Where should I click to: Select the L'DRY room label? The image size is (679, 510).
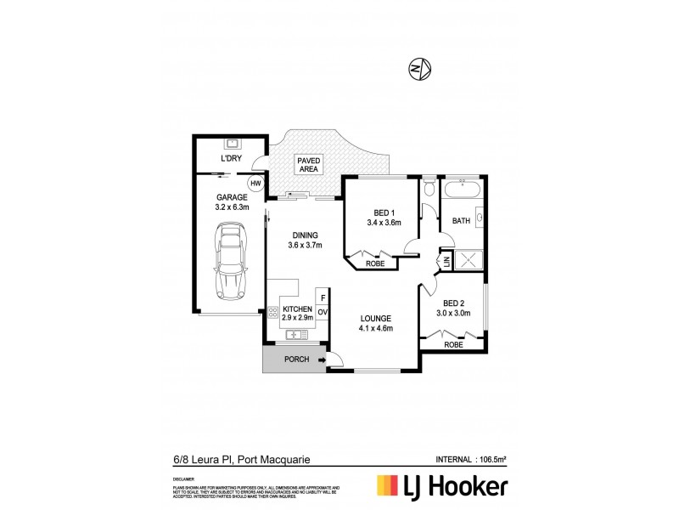(x=230, y=159)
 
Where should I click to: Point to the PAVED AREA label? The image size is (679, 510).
(x=307, y=164)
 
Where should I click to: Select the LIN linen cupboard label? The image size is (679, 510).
(x=446, y=263)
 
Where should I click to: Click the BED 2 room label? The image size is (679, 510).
(x=453, y=303)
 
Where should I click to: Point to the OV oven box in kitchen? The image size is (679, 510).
(x=323, y=314)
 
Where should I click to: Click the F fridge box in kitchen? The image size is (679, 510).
(x=323, y=297)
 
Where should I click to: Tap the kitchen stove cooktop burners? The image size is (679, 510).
(x=273, y=313)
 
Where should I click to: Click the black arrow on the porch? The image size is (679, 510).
(x=322, y=360)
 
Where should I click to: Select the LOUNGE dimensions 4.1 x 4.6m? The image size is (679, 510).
(x=375, y=328)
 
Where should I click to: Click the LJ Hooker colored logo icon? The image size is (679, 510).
(x=390, y=486)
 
